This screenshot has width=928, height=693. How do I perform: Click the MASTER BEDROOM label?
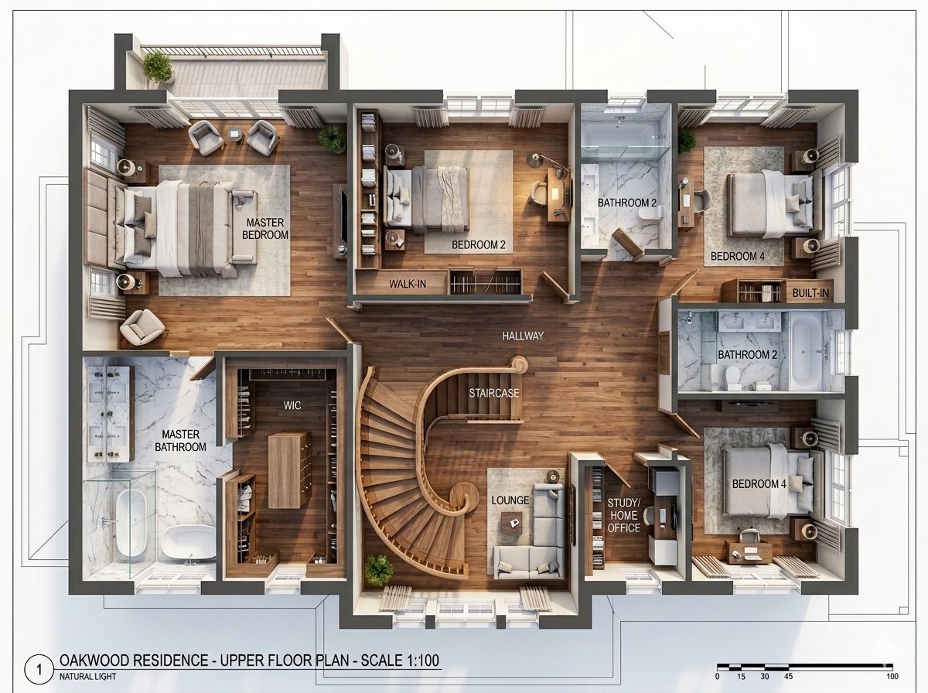pos(264,229)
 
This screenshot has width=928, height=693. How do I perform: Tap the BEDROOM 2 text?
pos(478,245)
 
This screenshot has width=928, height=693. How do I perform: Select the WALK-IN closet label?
pos(407,284)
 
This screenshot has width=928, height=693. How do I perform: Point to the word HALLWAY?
pos(523,336)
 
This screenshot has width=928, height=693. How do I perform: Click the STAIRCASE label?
pos(493,393)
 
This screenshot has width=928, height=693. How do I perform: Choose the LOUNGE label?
pos(510,500)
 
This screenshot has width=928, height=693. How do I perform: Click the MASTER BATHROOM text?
pos(180,441)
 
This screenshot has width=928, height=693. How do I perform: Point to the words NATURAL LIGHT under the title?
pos(87,678)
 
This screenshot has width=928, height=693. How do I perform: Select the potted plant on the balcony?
pos(158,66)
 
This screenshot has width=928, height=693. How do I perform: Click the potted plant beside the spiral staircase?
pos(378,570)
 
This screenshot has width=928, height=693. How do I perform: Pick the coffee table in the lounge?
pos(510,524)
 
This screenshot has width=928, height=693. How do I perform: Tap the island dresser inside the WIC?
pos(288,469)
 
